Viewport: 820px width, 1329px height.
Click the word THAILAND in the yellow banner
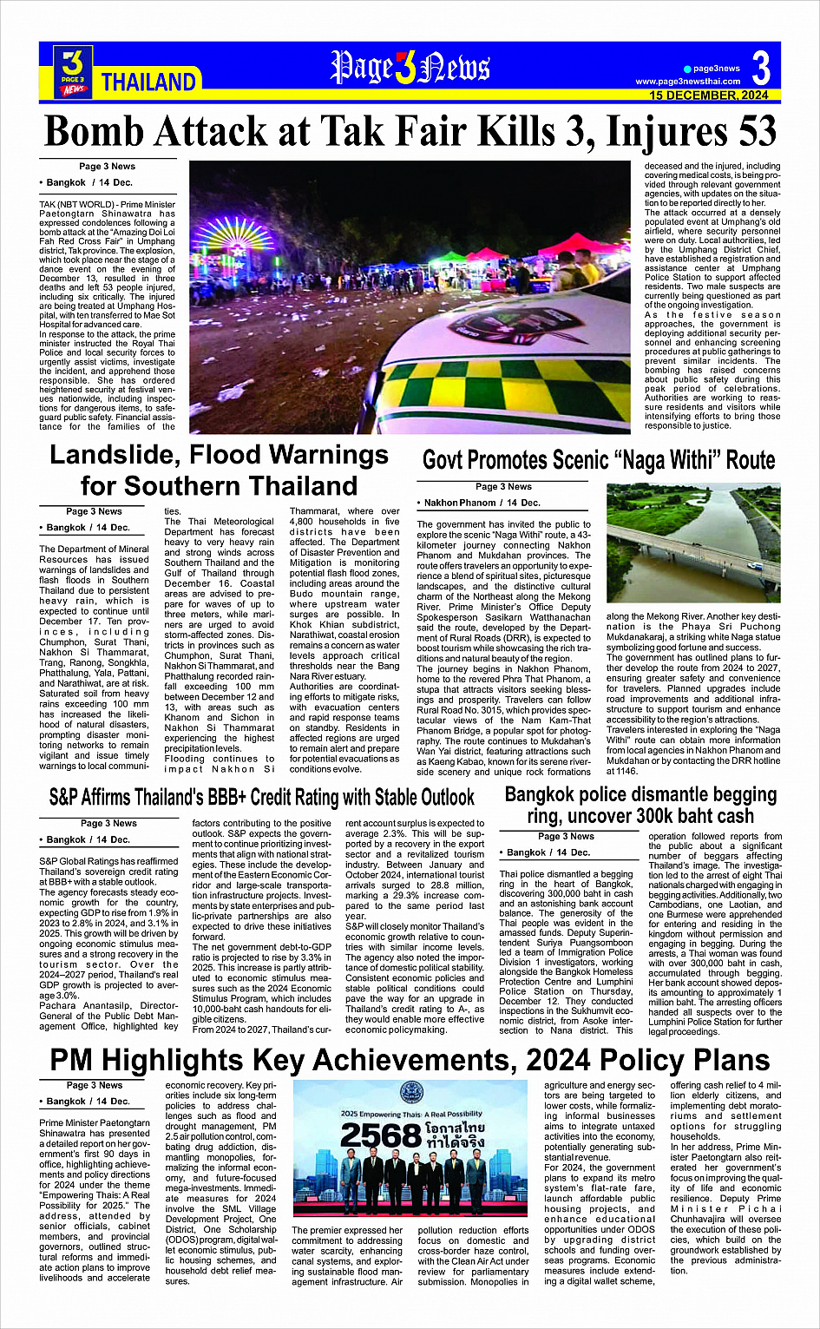(x=148, y=82)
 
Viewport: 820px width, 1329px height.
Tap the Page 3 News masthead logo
(x=410, y=68)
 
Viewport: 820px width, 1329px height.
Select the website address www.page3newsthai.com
(x=688, y=82)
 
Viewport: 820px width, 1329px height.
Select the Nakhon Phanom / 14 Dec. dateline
(x=482, y=503)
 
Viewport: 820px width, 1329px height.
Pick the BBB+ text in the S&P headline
(x=259, y=797)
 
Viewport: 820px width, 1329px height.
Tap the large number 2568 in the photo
(x=379, y=1135)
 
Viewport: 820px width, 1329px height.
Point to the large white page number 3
(x=761, y=68)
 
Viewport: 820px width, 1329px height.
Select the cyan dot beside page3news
(x=687, y=69)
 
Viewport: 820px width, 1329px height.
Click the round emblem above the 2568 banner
(x=410, y=1093)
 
